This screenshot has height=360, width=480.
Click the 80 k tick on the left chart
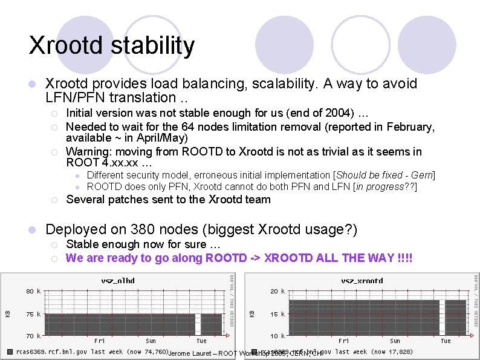[33, 291]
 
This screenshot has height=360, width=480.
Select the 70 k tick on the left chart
[33, 335]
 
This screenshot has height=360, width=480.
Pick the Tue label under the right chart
[445, 341]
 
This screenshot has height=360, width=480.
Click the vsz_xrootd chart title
[362, 281]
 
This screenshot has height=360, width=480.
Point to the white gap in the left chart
[198, 324]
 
